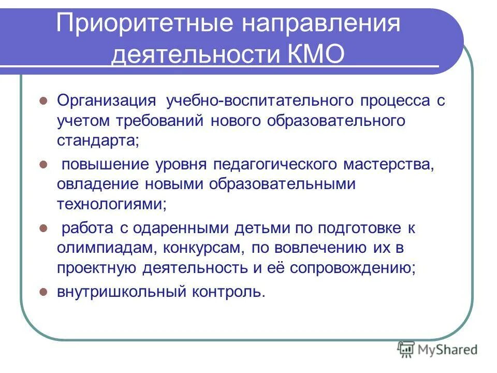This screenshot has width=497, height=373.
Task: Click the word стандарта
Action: tap(98, 140)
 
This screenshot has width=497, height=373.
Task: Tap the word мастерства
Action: tap(387, 164)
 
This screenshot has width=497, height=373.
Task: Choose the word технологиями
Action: tap(112, 204)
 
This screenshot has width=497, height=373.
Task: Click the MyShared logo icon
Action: tap(406, 349)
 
